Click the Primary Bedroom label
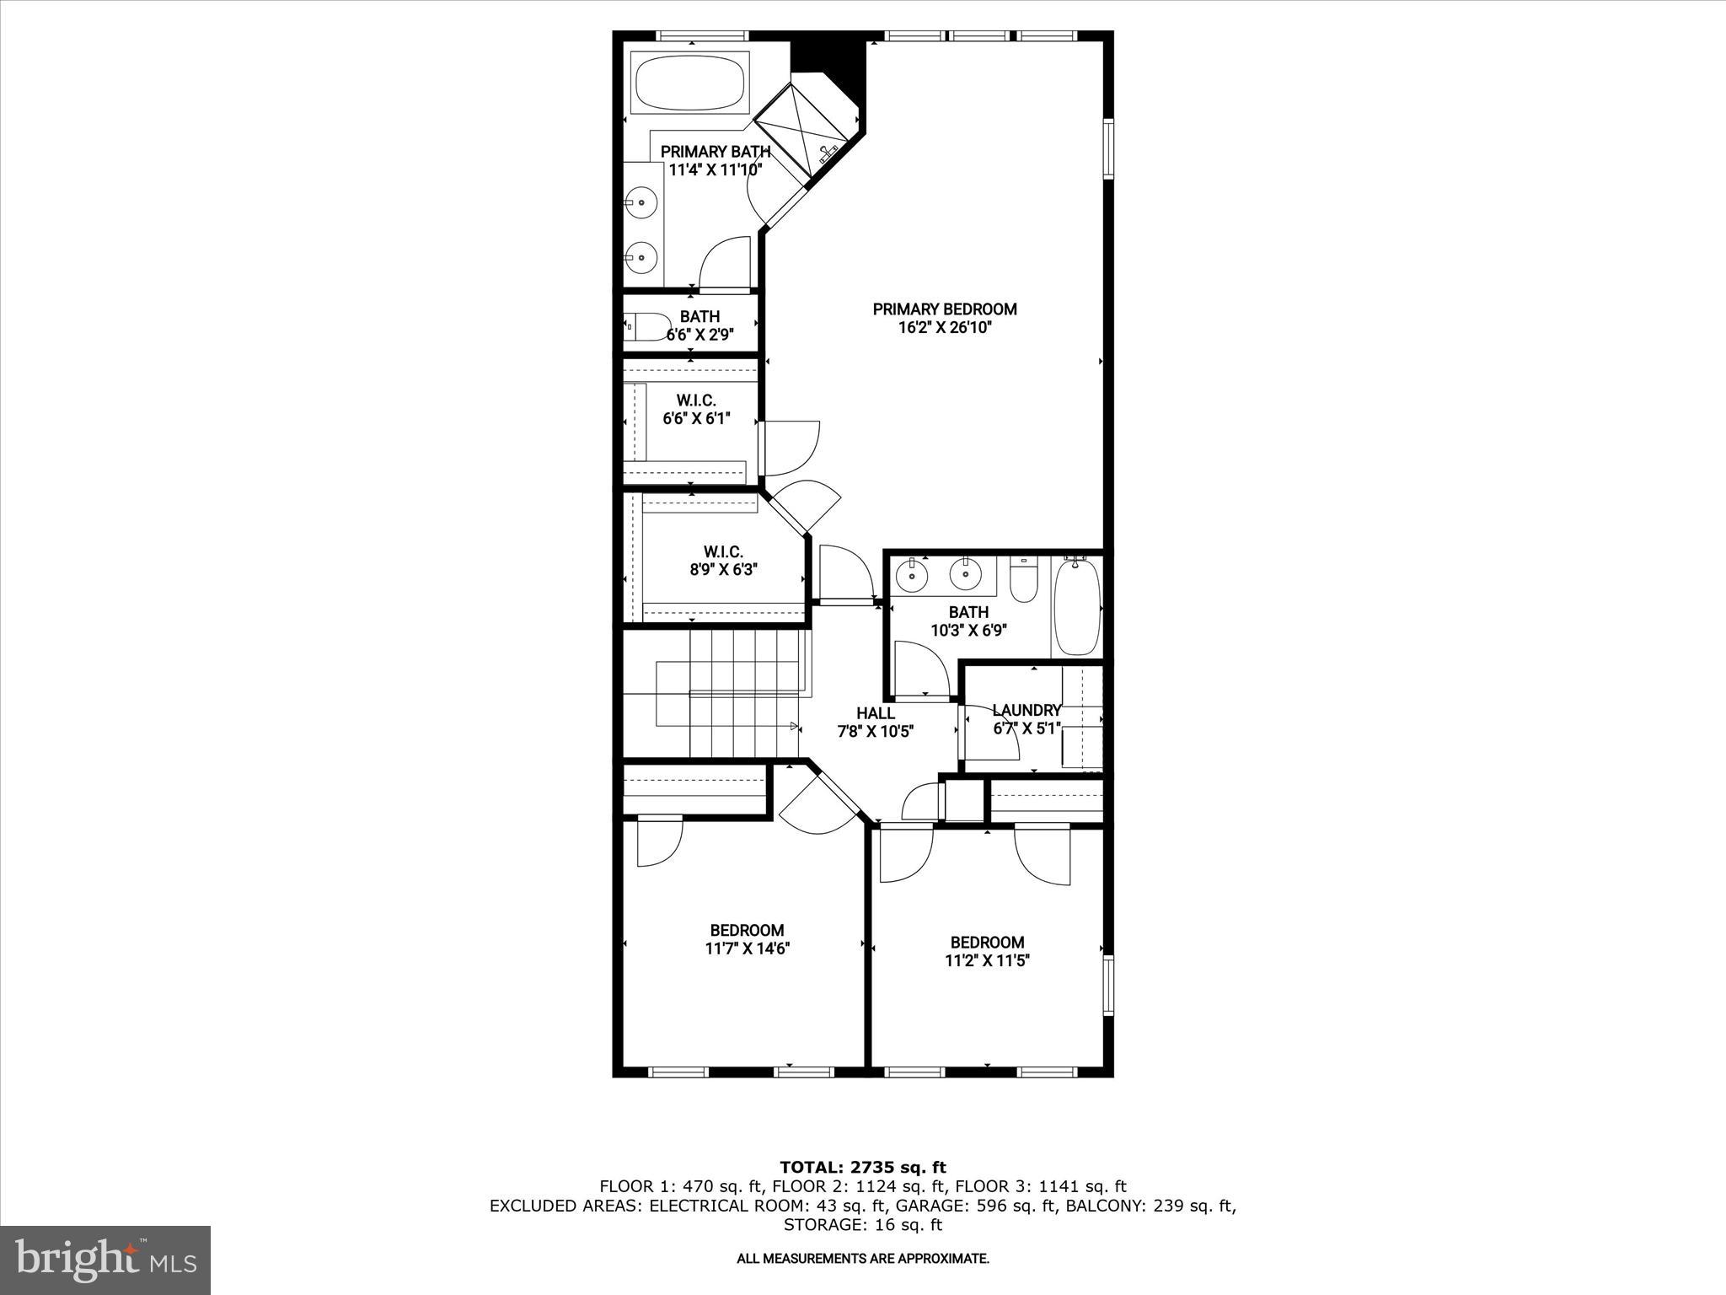(x=944, y=309)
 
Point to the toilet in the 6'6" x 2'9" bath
(x=647, y=326)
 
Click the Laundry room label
(x=1026, y=711)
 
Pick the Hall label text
(x=876, y=714)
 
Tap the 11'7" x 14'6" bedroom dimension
(x=747, y=948)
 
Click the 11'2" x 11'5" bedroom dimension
(x=987, y=960)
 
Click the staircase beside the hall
(x=725, y=695)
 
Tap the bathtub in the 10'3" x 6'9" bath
(x=1077, y=605)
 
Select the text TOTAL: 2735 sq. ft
(x=862, y=1168)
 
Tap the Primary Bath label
(x=715, y=152)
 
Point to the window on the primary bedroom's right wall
(x=1108, y=148)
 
